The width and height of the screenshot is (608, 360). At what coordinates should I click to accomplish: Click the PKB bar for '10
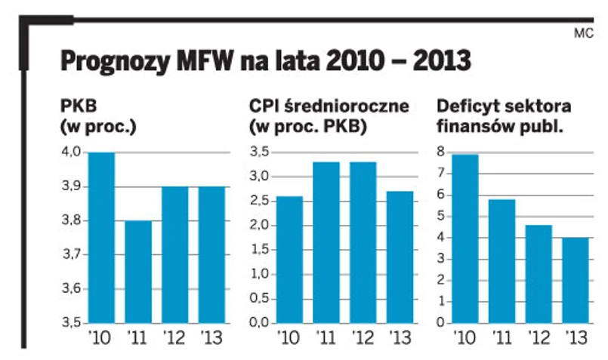coord(102,238)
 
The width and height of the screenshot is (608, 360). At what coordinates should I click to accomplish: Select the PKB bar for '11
coord(139,272)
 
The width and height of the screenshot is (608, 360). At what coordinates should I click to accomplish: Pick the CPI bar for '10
coord(289,260)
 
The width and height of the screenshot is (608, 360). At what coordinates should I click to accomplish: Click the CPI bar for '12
coord(363,242)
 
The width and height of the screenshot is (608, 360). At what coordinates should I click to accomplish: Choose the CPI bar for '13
coord(400,257)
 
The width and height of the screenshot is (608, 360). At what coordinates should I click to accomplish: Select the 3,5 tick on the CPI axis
coord(260,153)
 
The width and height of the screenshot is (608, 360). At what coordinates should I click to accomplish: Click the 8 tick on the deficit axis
coord(442,153)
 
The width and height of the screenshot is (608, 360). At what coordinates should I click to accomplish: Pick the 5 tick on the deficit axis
coord(442,217)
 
